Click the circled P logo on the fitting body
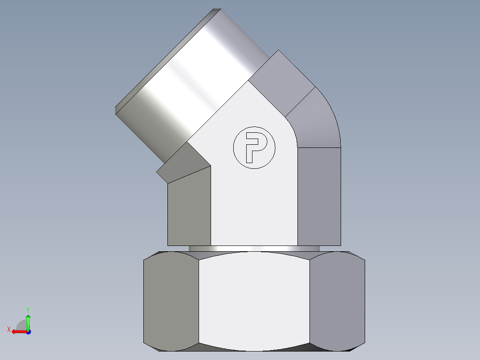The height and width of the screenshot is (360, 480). [x=254, y=148]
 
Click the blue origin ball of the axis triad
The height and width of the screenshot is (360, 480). [x=28, y=331]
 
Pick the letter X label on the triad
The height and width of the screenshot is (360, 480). [x=9, y=329]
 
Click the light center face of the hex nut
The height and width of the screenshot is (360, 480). [x=254, y=301]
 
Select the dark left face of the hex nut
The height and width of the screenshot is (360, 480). [x=171, y=301]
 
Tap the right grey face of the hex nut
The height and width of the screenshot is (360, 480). [x=337, y=301]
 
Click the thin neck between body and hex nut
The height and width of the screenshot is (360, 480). [x=254, y=248]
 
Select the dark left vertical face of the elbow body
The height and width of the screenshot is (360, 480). [x=189, y=209]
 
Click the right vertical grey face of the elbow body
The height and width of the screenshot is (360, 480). [x=319, y=196]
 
